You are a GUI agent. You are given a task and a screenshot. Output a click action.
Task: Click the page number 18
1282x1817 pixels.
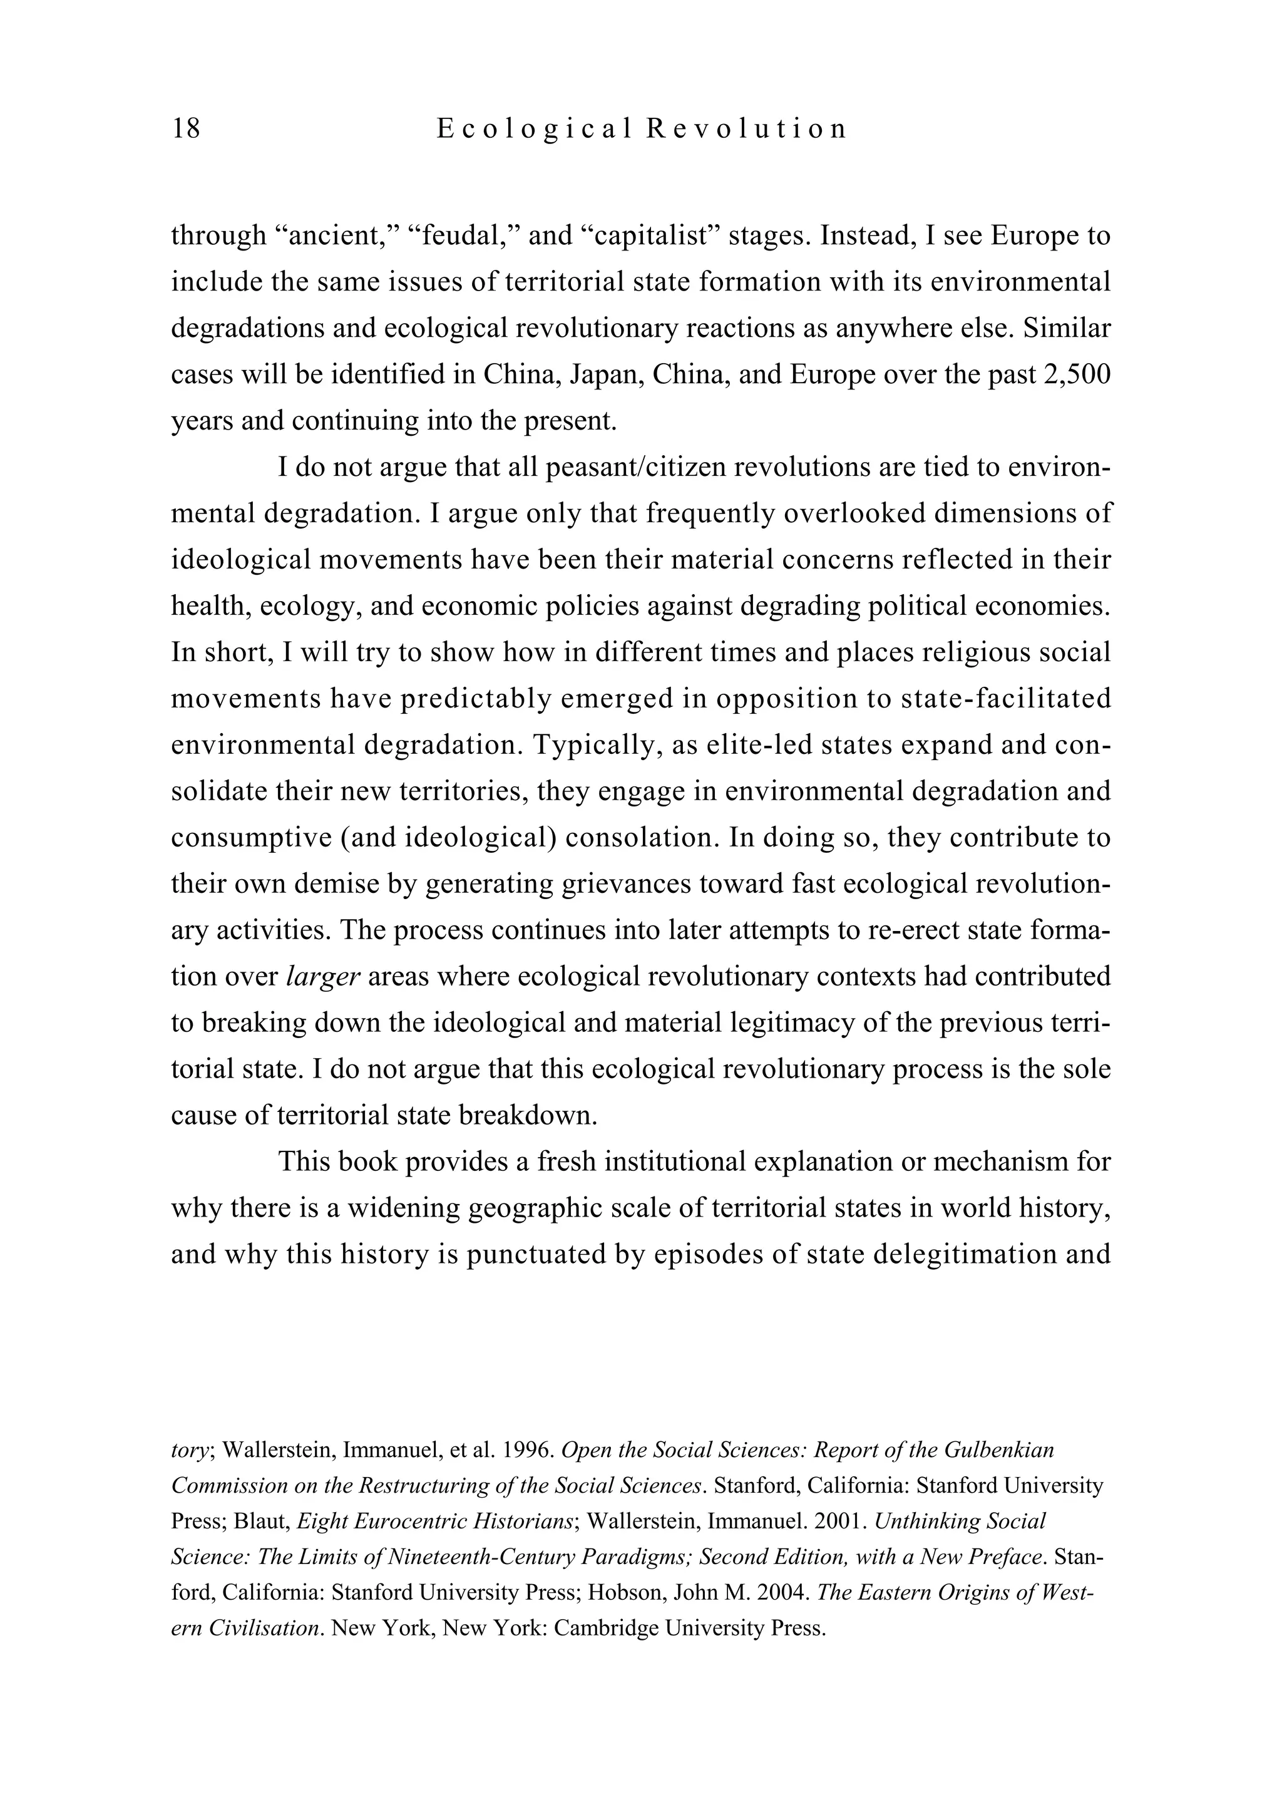click(x=186, y=128)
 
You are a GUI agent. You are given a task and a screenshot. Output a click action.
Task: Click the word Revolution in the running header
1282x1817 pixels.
click(x=746, y=128)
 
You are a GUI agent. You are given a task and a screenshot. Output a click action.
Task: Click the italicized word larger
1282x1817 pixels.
click(x=323, y=977)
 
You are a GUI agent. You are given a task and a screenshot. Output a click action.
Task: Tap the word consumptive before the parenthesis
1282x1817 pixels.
click(x=251, y=837)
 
